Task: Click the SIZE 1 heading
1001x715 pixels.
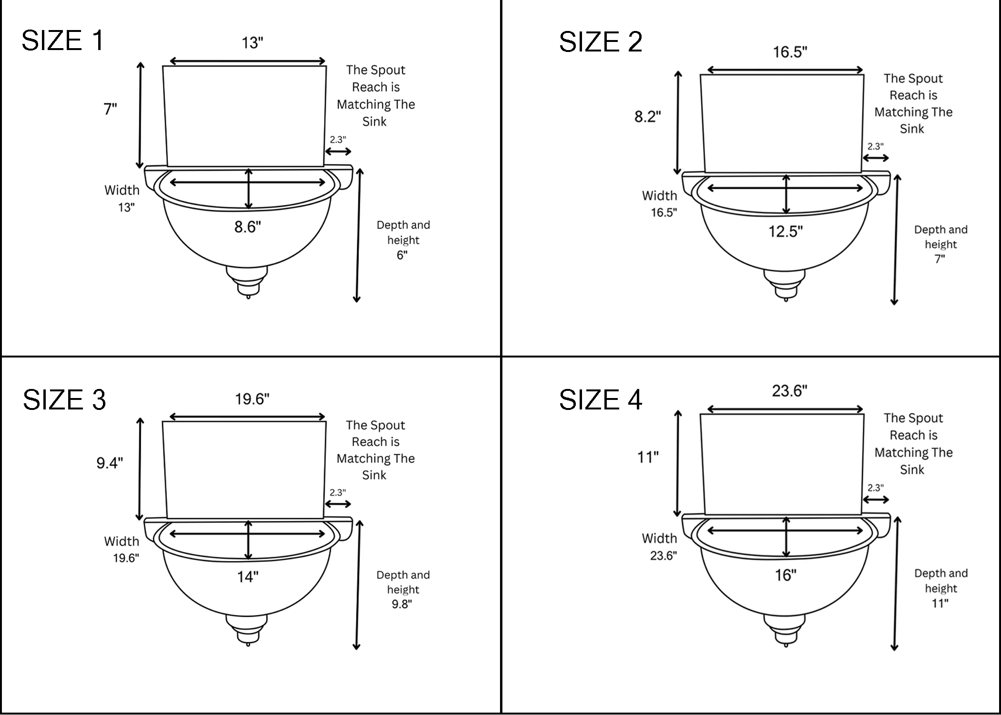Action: point(62,41)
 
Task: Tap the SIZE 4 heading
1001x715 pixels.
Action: point(600,399)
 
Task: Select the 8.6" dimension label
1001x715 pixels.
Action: point(247,227)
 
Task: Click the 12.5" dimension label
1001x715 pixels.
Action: point(785,232)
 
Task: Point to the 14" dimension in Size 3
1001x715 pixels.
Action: point(247,577)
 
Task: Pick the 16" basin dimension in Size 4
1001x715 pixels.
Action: point(785,575)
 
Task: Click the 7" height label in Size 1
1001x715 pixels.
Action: point(110,109)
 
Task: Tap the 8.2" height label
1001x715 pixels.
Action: point(647,116)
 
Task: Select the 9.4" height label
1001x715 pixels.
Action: point(110,463)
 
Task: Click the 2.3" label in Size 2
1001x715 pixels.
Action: point(875,146)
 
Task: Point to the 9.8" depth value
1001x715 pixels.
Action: point(402,604)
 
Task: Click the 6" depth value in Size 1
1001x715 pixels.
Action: point(402,255)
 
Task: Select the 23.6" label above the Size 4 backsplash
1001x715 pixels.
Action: point(789,391)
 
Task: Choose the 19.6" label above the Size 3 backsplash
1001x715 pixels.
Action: point(252,399)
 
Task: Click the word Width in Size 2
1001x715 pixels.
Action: point(659,195)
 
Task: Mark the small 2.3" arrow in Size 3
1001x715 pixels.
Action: point(338,504)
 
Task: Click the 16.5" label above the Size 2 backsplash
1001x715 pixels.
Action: point(790,52)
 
